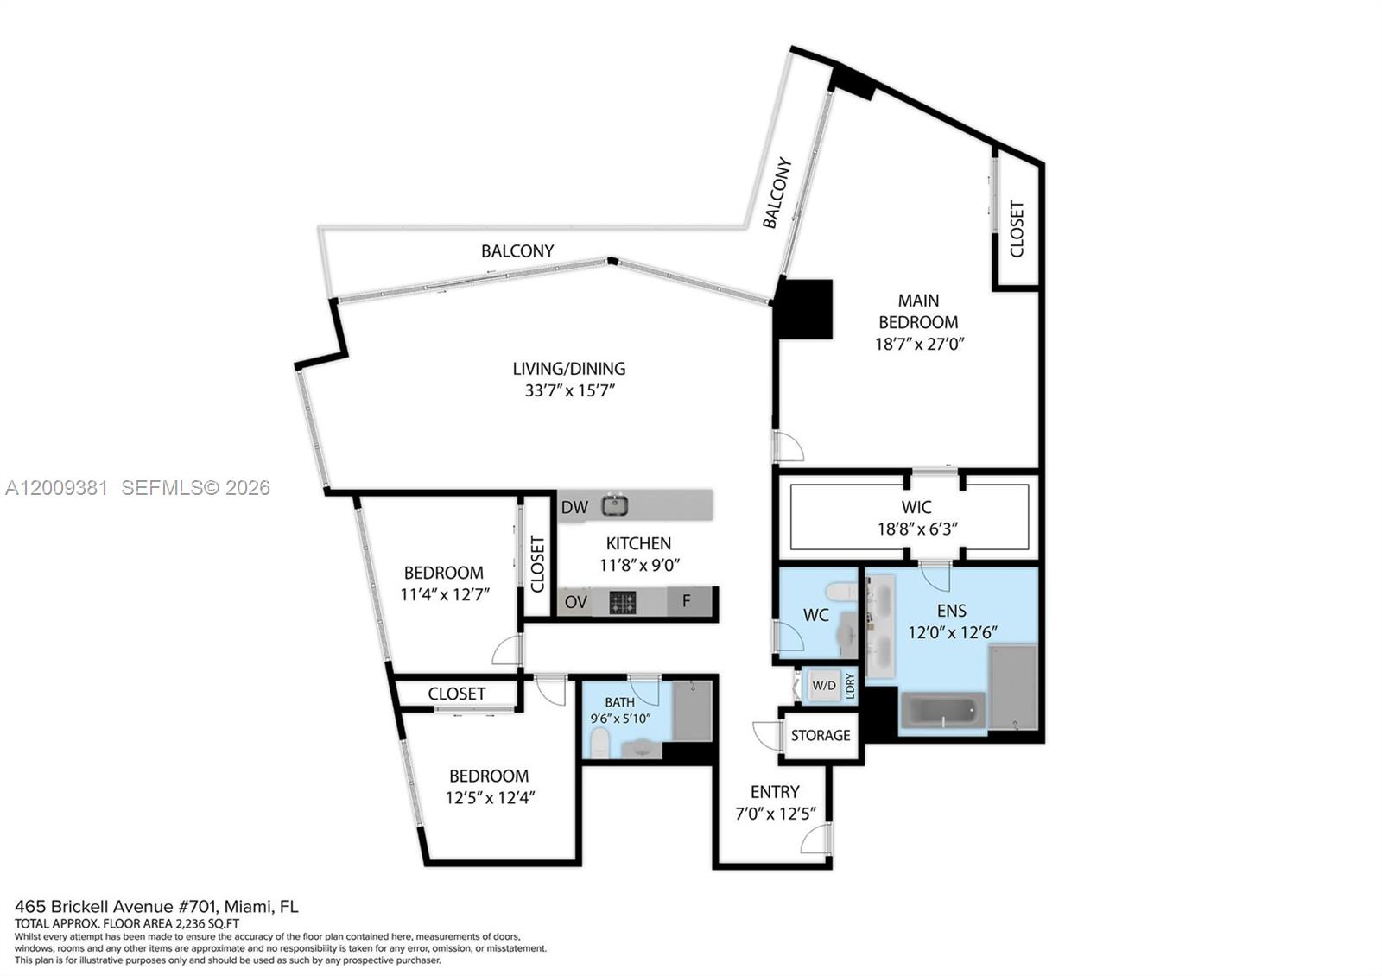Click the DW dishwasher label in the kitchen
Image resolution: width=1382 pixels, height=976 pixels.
tap(574, 507)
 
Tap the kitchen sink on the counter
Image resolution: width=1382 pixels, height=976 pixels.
tap(615, 505)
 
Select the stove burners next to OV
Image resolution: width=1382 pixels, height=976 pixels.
tap(623, 602)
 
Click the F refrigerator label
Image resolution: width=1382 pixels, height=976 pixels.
tap(687, 601)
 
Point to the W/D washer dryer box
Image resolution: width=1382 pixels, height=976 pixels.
tap(824, 686)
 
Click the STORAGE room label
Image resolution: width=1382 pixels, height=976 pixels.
tap(821, 735)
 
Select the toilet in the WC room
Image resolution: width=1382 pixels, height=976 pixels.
tap(840, 593)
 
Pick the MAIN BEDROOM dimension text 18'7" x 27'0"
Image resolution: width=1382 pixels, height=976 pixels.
tap(919, 344)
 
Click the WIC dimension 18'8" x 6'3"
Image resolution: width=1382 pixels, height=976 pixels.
tap(917, 529)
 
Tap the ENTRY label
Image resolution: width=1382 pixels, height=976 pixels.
tap(775, 792)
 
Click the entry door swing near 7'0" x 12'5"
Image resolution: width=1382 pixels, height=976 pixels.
tap(815, 839)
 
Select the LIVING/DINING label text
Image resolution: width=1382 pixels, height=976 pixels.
tap(568, 369)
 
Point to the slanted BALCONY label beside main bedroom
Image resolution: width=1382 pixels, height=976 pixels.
tap(777, 193)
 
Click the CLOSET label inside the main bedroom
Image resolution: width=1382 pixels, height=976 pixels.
tap(1017, 229)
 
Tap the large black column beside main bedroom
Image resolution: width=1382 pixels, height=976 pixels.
tap(804, 309)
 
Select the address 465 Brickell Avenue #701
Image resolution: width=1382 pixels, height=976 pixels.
tap(117, 907)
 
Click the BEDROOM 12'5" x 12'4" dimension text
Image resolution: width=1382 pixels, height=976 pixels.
tap(490, 797)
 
